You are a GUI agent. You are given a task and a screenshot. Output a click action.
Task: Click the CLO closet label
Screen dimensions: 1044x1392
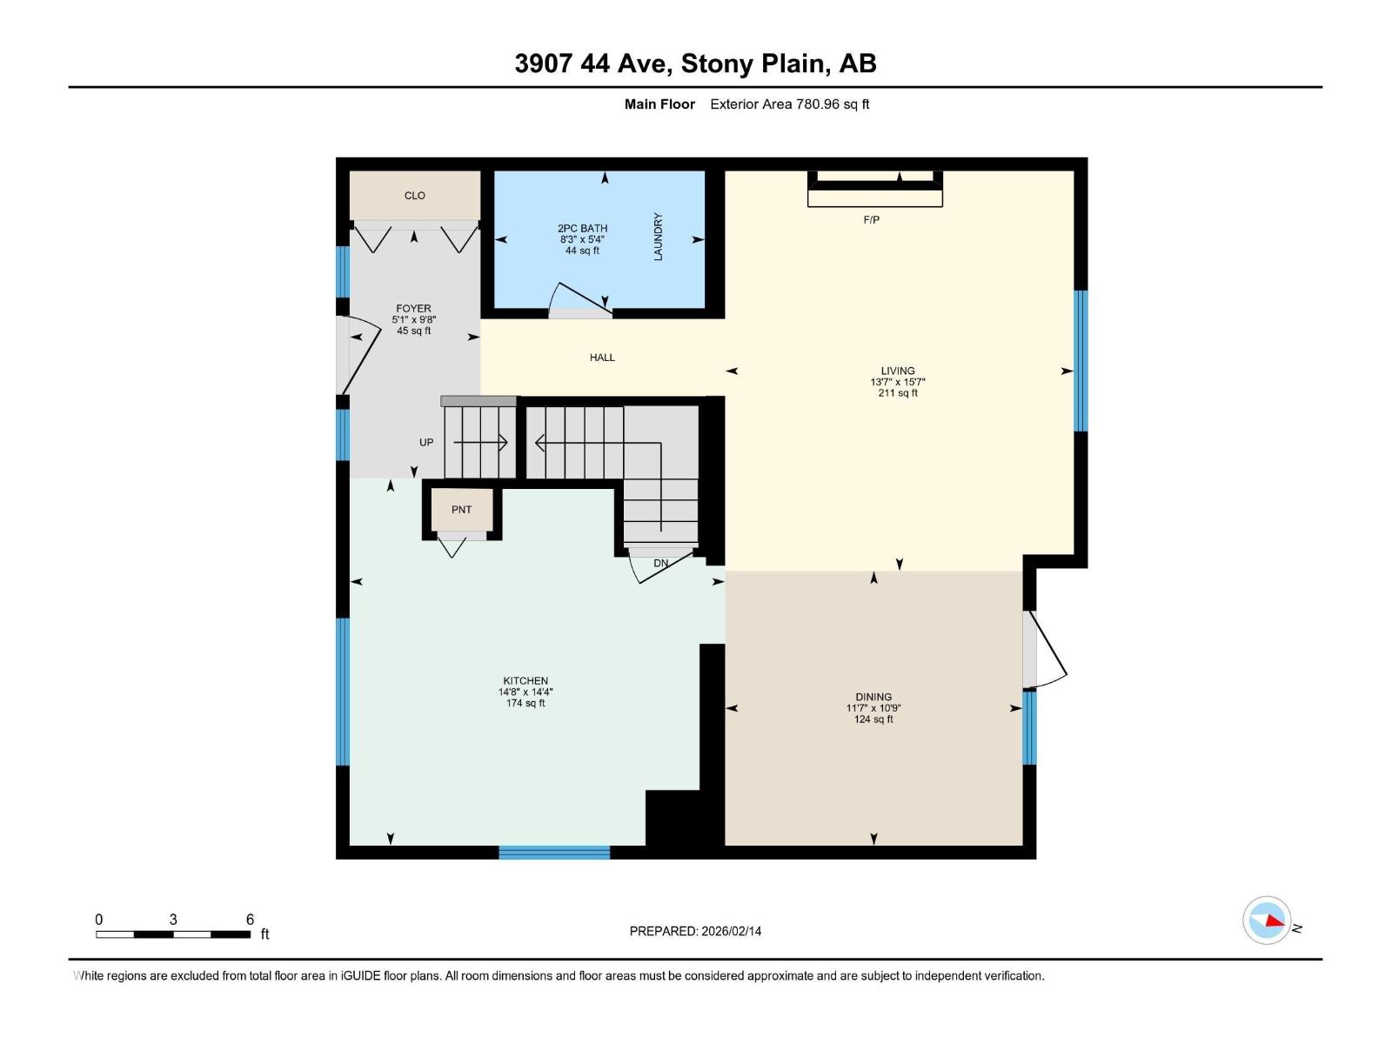(414, 196)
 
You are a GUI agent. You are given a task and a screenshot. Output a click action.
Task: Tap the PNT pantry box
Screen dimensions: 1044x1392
(461, 510)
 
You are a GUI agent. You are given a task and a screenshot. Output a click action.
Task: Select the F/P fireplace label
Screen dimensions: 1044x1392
(871, 220)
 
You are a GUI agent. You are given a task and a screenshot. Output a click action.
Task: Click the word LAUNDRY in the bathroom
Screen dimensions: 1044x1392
(658, 237)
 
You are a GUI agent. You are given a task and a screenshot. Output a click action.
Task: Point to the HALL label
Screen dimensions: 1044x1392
(602, 358)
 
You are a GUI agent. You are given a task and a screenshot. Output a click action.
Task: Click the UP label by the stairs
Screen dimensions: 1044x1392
(426, 443)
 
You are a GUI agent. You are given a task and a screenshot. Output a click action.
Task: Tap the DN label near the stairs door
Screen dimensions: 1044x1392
(661, 564)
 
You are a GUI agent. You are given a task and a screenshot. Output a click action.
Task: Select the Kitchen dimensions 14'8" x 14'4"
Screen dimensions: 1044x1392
(525, 693)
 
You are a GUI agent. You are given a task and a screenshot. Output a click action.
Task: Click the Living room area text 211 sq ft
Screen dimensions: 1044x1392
(898, 393)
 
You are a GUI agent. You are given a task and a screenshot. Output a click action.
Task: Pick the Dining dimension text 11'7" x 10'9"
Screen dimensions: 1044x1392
(873, 708)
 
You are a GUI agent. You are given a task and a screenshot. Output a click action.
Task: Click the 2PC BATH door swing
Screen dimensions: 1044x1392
(581, 299)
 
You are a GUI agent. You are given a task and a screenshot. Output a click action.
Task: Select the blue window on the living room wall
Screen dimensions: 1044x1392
(1081, 360)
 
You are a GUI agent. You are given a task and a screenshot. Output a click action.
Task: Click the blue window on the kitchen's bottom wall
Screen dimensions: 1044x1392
(554, 853)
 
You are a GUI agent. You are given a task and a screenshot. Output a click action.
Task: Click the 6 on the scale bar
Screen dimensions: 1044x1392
(250, 920)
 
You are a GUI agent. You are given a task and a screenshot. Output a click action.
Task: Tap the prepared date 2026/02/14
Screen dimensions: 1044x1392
(731, 931)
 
